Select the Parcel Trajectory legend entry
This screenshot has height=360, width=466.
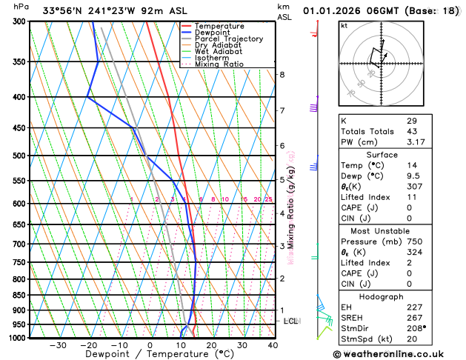click(228, 39)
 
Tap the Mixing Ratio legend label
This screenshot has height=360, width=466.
click(219, 64)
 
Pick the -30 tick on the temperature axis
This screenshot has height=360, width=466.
click(58, 345)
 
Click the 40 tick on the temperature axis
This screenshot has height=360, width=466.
click(273, 345)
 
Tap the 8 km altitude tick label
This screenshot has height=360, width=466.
click(282, 75)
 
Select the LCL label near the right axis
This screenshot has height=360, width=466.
click(291, 321)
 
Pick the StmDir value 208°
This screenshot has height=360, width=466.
click(415, 329)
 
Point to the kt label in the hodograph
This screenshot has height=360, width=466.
click(344, 26)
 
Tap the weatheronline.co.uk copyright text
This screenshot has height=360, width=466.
click(400, 353)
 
